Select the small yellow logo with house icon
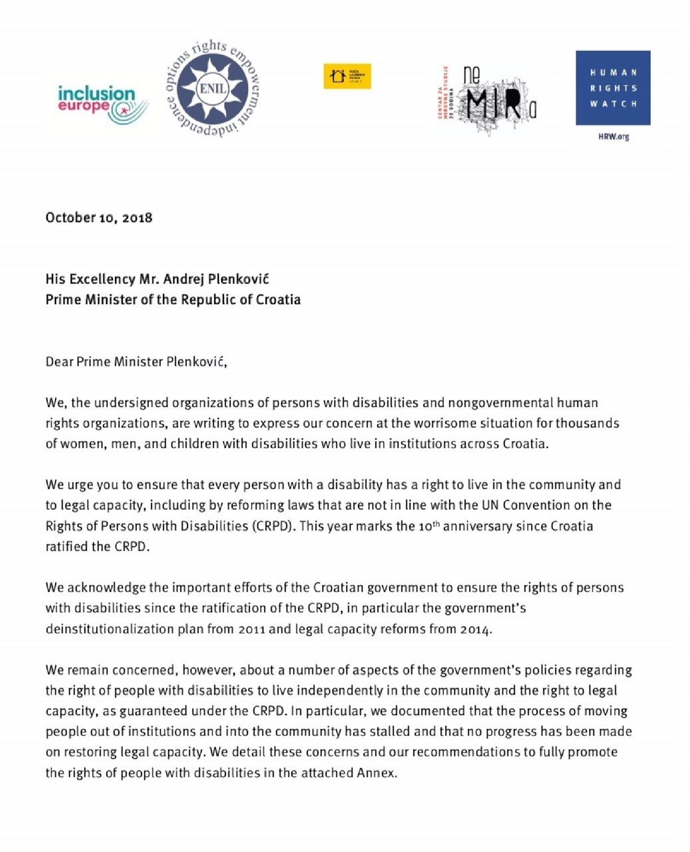click(347, 76)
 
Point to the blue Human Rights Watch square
click(613, 88)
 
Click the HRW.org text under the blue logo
click(613, 137)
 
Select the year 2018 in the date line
click(137, 218)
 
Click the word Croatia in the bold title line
click(278, 299)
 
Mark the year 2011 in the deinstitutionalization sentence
click(252, 629)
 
